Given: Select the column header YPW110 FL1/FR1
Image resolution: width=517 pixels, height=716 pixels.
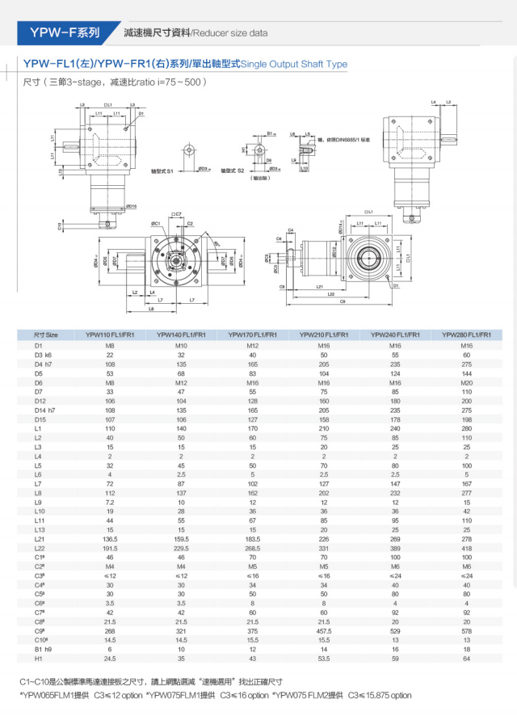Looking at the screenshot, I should click(111, 334).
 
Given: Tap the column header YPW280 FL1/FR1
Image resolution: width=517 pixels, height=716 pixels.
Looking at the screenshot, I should click(466, 334).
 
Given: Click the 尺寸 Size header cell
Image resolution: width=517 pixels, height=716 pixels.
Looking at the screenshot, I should click(46, 334).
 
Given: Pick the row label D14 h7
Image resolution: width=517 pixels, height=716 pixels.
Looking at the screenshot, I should click(46, 411).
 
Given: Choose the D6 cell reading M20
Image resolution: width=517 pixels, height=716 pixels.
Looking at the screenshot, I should click(466, 382).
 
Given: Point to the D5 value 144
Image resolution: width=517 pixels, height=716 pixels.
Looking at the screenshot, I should click(466, 373).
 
